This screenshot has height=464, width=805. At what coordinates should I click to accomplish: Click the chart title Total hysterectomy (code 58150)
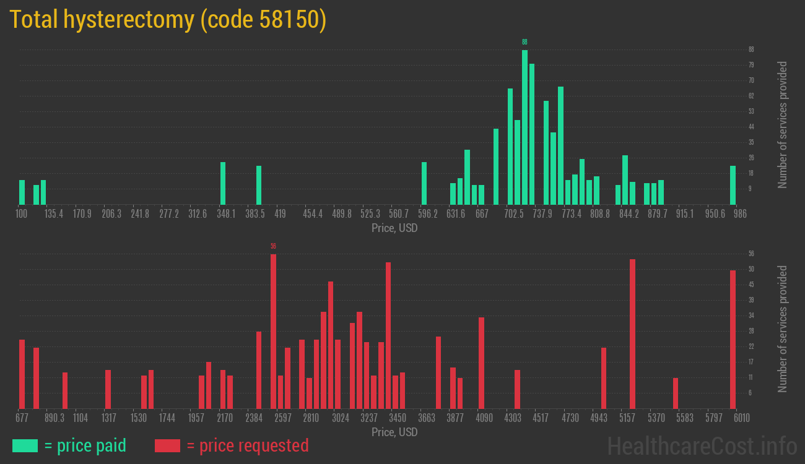tap(168, 20)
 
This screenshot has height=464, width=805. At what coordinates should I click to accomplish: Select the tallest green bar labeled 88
tap(524, 127)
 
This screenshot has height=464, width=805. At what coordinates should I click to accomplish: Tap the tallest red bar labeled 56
tap(273, 331)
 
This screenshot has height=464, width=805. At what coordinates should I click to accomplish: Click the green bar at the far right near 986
tap(733, 185)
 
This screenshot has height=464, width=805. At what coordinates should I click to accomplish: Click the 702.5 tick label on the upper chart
tap(514, 214)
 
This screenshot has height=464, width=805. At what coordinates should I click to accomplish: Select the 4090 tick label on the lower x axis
tap(484, 418)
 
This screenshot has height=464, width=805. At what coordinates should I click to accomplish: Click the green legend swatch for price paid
tap(25, 445)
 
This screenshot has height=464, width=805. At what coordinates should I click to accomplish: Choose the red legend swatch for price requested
tap(167, 445)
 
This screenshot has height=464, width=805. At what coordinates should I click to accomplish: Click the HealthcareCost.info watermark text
tap(702, 445)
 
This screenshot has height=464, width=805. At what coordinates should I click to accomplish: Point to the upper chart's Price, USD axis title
tap(394, 228)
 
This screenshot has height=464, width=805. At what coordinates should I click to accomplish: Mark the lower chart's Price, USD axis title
tap(394, 432)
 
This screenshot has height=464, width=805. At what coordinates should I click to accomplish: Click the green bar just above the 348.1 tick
tap(223, 183)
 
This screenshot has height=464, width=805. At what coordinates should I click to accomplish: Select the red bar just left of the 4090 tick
tap(481, 363)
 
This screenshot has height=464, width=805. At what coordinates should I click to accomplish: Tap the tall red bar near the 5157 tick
tap(632, 333)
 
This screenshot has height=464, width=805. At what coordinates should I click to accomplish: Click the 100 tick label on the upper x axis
tap(22, 214)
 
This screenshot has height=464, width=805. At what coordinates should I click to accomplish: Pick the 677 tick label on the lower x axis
tap(22, 418)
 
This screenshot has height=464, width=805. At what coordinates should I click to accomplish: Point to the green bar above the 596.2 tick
tap(424, 183)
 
